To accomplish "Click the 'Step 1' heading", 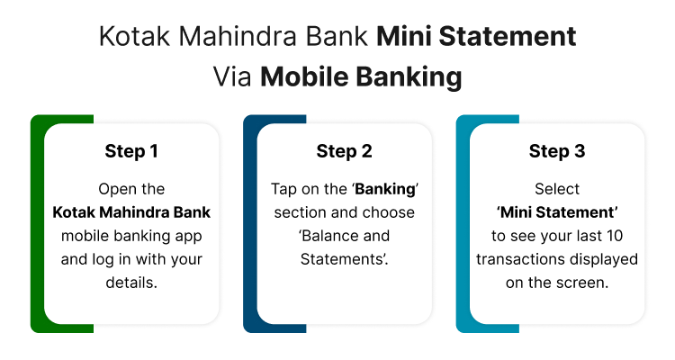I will click(x=131, y=151).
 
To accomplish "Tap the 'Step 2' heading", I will click(x=344, y=151).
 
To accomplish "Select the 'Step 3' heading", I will click(x=557, y=151).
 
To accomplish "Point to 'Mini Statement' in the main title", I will click(x=476, y=38).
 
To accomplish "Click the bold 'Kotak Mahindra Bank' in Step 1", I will click(x=131, y=213).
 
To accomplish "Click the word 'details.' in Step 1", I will click(x=131, y=283).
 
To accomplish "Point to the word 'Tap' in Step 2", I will click(x=284, y=190).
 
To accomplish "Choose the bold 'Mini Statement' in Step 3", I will click(x=557, y=213).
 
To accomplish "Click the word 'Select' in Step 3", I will click(x=557, y=190).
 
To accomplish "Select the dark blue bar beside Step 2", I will click(x=249, y=225).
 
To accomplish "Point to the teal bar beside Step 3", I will click(x=462, y=225).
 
